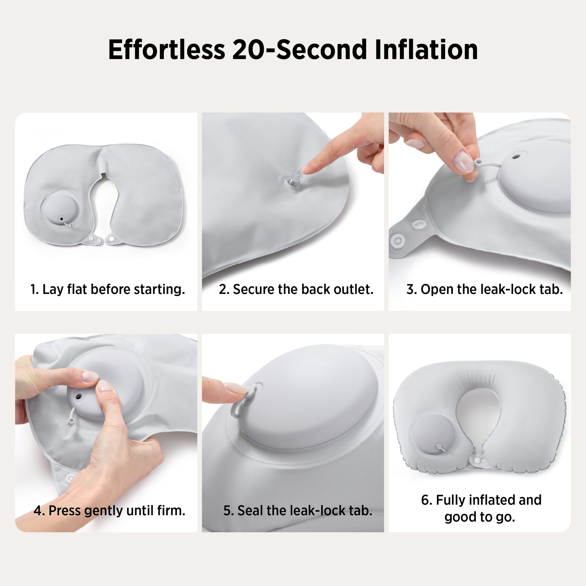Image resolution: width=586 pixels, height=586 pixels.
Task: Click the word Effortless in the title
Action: click(x=167, y=49)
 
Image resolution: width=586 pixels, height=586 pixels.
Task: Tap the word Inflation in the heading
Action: click(x=426, y=49)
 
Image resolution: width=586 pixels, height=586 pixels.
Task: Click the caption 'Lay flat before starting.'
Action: click(x=114, y=289)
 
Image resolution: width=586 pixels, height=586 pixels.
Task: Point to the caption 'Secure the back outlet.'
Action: click(x=303, y=289)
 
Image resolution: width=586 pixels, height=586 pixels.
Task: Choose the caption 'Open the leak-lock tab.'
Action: click(x=492, y=289)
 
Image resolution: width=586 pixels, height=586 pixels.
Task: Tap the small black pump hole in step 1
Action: click(x=61, y=218)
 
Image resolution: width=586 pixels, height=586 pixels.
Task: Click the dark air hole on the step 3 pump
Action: click(x=516, y=157)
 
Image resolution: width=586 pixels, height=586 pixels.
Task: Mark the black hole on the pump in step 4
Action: click(x=78, y=396)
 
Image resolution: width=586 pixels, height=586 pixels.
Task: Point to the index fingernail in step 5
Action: click(x=235, y=387)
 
